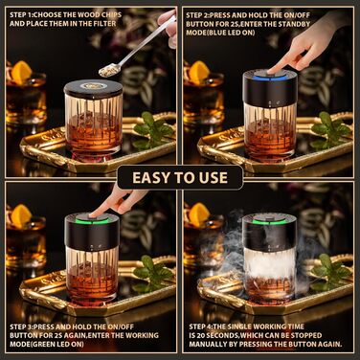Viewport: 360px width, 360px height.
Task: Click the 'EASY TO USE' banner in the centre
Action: tap(180, 177)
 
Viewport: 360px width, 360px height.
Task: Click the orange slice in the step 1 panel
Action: tap(21, 72)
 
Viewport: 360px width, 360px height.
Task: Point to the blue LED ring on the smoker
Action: tap(270, 77)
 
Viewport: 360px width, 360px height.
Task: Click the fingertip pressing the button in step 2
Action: tap(272, 71)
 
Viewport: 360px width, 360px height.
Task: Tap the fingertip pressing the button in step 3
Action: tap(94, 215)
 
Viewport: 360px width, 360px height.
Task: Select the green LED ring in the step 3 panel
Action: tap(92, 220)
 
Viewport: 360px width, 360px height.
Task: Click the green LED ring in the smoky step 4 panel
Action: tap(269, 221)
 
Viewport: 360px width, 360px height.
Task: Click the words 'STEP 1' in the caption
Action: tap(21, 14)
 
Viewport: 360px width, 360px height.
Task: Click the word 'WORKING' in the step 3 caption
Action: tap(142, 335)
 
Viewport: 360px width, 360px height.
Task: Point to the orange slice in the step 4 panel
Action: tap(198, 214)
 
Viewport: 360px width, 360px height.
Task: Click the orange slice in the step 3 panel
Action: tap(21, 216)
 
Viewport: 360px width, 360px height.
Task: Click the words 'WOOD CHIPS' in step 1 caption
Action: tap(100, 14)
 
